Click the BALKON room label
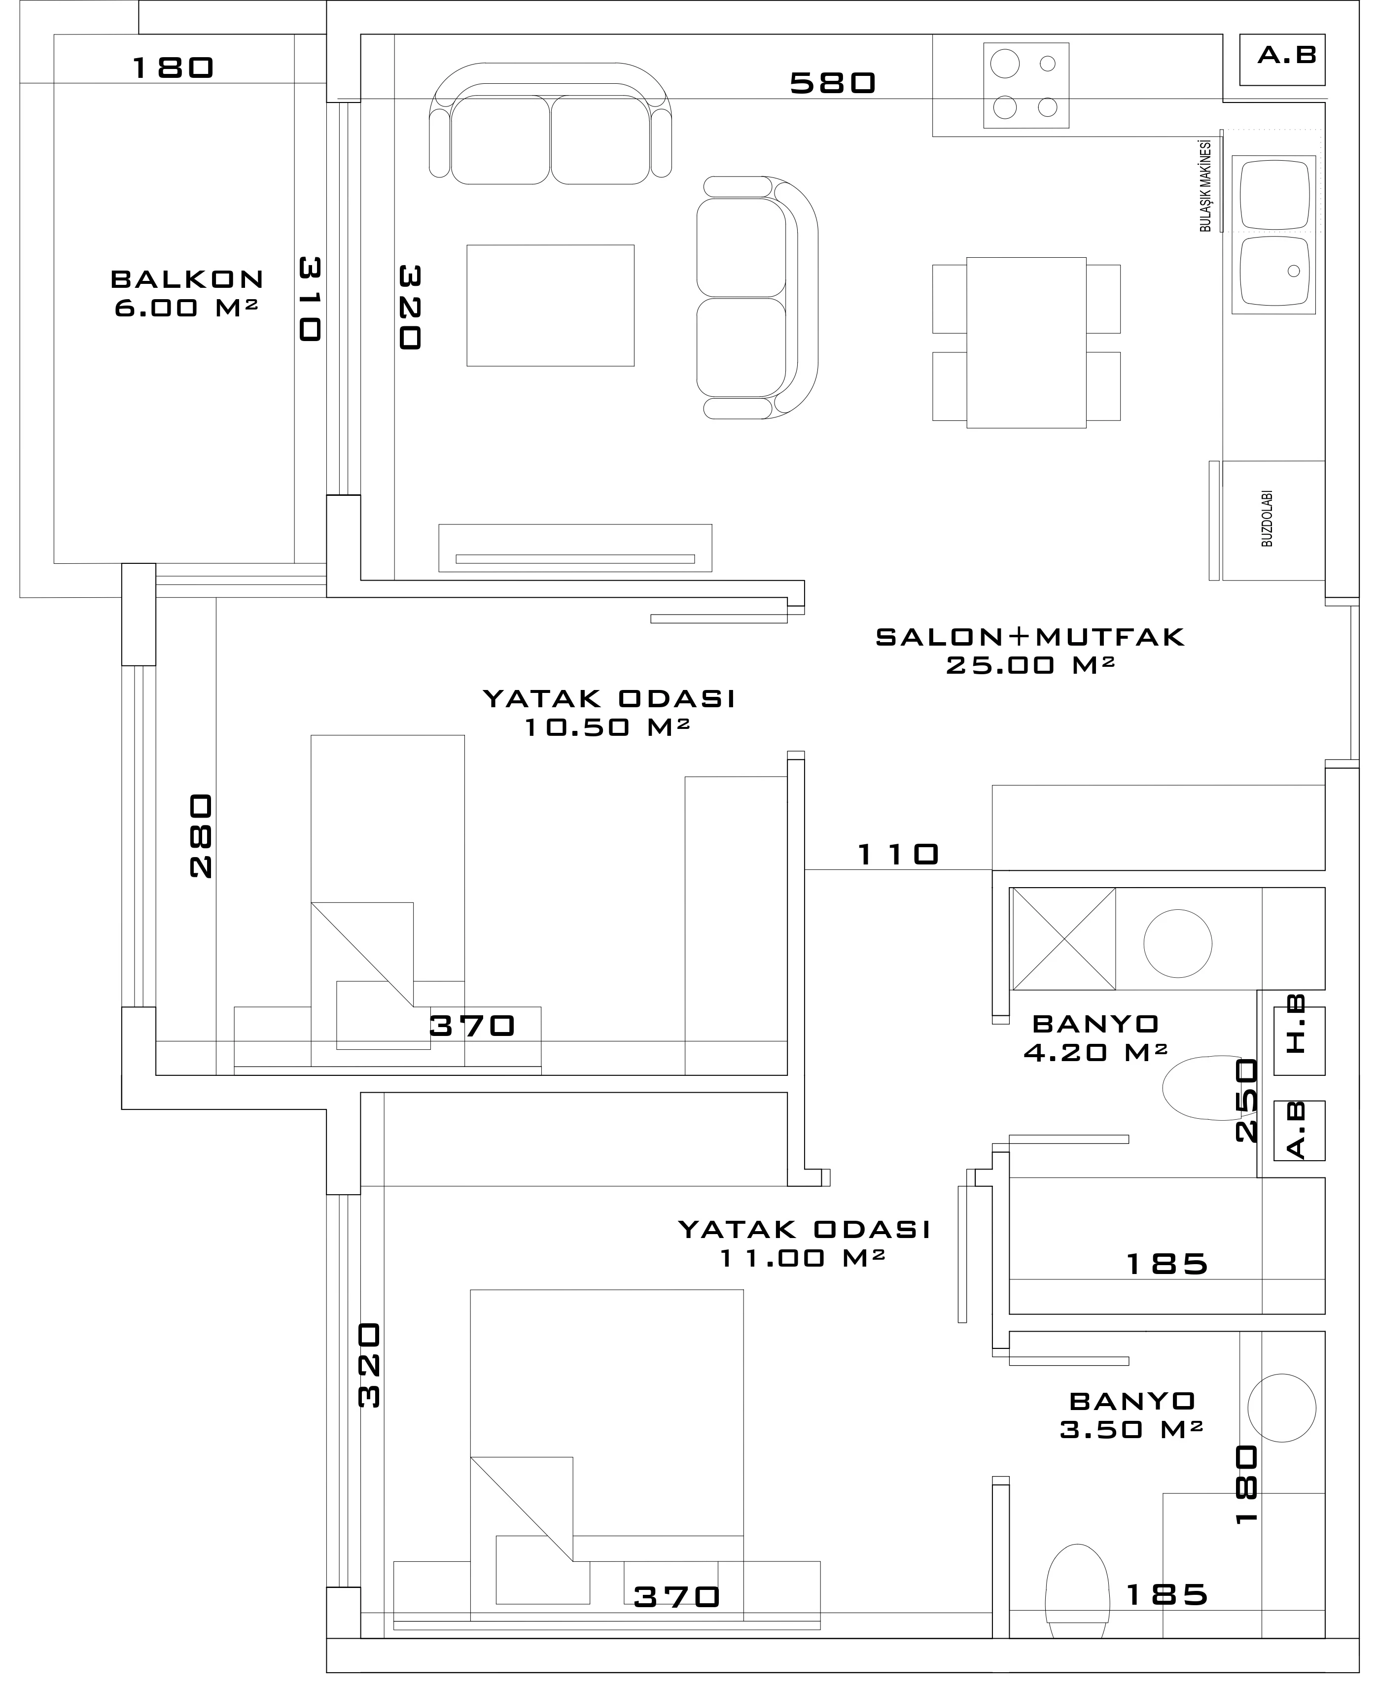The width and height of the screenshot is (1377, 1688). [x=187, y=279]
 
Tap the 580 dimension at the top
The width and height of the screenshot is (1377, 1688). [x=833, y=82]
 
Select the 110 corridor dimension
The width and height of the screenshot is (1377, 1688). [x=898, y=854]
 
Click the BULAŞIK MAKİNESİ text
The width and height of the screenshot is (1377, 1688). [x=1205, y=185]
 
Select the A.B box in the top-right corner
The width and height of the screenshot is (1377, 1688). [x=1283, y=60]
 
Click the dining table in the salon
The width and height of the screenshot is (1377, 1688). [x=1026, y=343]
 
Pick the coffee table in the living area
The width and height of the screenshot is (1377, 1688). [x=551, y=305]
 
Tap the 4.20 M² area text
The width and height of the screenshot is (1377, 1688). [x=1095, y=1053]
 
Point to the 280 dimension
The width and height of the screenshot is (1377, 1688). [x=202, y=836]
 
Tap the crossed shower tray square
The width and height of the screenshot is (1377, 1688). [x=1063, y=939]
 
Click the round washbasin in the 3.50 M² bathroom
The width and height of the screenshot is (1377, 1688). [x=1282, y=1408]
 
